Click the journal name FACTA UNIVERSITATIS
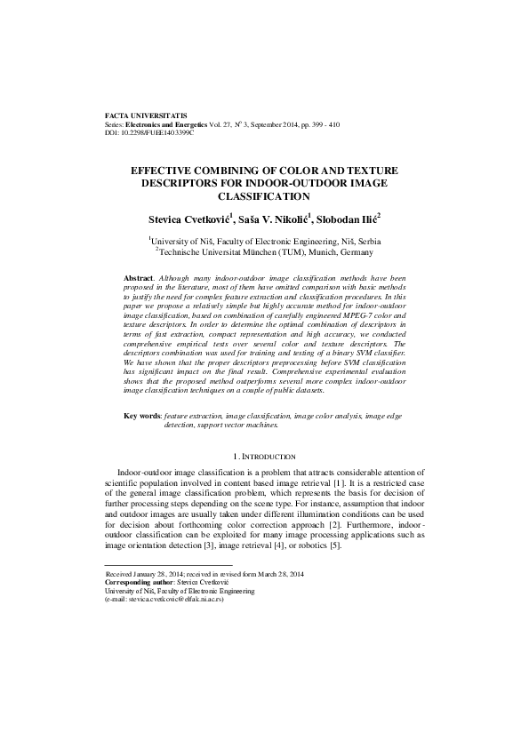(x=145, y=116)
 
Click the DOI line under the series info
(x=148, y=132)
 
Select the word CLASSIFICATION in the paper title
(x=264, y=196)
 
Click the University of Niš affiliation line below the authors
(x=264, y=241)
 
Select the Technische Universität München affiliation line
(x=264, y=251)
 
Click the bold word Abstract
(x=140, y=278)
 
